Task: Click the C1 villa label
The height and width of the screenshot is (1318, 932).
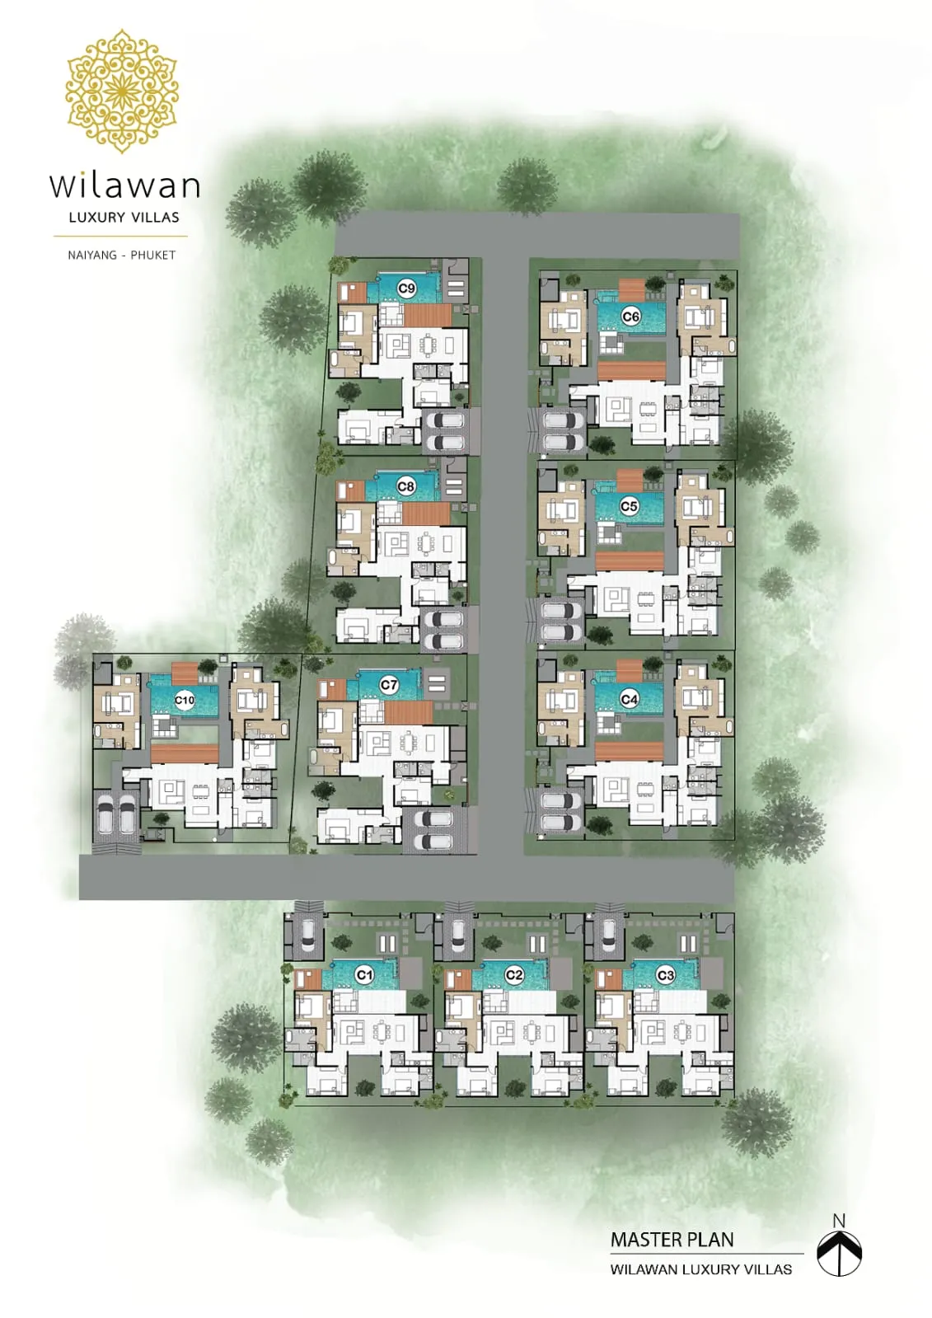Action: (x=364, y=975)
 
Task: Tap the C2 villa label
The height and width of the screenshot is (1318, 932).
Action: (x=513, y=975)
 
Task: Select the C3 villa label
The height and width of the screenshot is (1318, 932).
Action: (x=666, y=976)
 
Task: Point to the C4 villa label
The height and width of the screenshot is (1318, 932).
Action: (x=629, y=699)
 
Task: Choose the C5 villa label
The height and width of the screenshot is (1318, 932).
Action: (x=629, y=506)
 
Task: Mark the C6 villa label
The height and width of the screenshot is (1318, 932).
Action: (x=630, y=317)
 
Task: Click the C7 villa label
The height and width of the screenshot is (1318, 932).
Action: (x=389, y=685)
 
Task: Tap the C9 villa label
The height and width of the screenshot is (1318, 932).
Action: (x=406, y=288)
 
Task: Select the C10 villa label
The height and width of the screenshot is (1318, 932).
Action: (x=184, y=700)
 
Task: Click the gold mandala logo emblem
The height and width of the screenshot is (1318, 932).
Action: (x=122, y=91)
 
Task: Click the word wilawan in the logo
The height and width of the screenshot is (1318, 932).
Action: (x=124, y=185)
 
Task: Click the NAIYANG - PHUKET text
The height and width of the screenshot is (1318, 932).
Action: (x=122, y=256)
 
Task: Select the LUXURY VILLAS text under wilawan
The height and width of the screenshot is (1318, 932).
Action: (x=124, y=217)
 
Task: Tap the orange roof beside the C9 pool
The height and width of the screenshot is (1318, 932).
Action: (x=428, y=316)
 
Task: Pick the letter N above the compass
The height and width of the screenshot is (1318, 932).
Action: (x=839, y=1222)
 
